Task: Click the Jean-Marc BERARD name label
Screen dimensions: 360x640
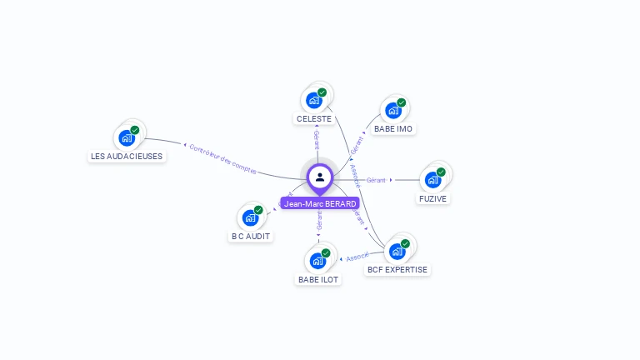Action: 320,203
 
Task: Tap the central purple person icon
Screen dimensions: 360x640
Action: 320,177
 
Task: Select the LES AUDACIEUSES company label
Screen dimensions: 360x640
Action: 127,156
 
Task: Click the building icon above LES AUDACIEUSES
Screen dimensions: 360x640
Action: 127,138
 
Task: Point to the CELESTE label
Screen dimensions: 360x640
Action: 314,118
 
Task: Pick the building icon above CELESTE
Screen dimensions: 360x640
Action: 314,101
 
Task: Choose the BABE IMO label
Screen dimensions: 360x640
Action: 393,128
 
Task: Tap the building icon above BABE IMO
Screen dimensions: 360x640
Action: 393,111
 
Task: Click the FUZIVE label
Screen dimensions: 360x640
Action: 432,198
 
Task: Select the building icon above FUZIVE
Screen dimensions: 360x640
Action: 432,179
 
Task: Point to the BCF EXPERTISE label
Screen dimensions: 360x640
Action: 397,269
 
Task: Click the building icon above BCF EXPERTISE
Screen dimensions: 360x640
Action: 397,250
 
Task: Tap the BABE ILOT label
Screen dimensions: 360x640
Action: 318,279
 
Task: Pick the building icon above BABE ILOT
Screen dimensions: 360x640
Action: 317,261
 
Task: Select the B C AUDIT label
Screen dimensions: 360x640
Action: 252,236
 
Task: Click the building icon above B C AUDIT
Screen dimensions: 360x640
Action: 250,218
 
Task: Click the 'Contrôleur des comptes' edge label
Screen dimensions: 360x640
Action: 222,158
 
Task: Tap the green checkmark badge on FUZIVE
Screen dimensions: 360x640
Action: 441,172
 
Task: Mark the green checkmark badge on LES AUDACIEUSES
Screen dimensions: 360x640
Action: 135,130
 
